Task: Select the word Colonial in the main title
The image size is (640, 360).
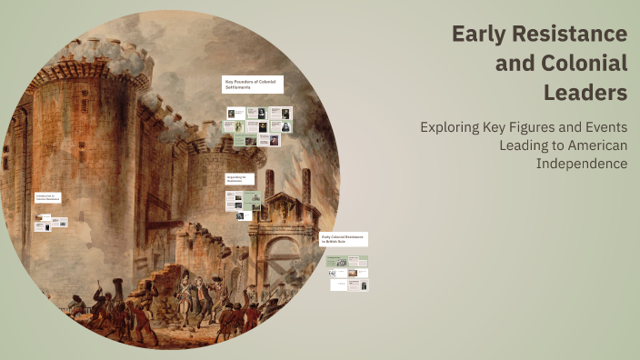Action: click(588, 64)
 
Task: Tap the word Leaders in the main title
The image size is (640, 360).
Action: click(585, 92)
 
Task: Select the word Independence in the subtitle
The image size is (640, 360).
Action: click(582, 163)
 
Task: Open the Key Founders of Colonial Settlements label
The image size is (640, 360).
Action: click(253, 84)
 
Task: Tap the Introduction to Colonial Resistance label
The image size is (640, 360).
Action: click(48, 197)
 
